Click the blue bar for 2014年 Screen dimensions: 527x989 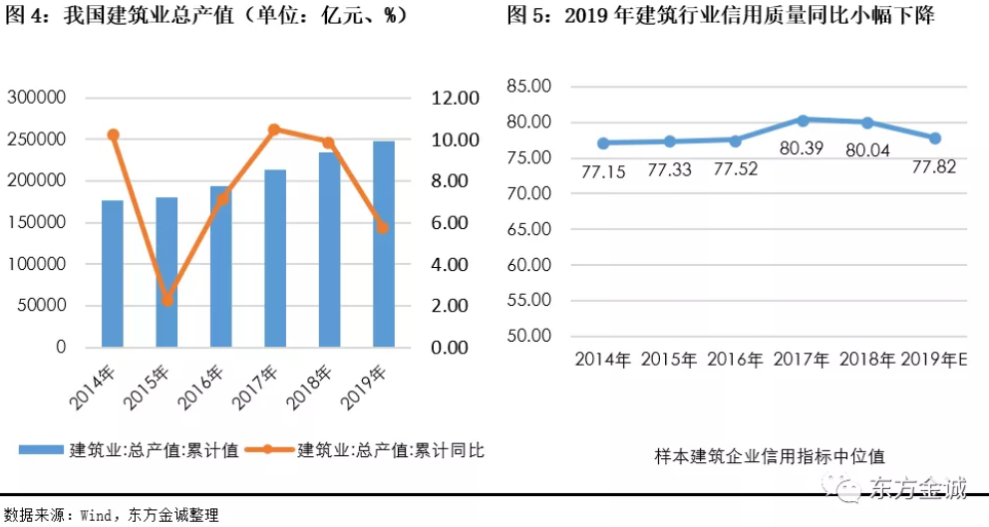[113, 274]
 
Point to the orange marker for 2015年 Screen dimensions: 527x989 [167, 299]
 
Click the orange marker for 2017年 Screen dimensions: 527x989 [275, 130]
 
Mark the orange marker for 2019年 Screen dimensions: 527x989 [384, 227]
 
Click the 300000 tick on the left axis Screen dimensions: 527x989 [36, 98]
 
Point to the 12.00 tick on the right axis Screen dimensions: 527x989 [456, 98]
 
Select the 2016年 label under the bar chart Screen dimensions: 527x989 [201, 390]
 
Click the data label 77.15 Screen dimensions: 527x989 [604, 171]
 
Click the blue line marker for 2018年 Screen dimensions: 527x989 [867, 123]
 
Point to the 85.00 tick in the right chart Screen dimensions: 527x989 [529, 86]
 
